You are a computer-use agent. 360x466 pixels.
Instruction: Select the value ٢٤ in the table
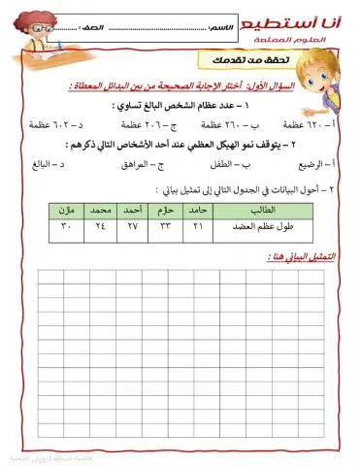[99, 226]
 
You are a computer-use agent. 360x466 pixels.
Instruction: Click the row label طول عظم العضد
[268, 226]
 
